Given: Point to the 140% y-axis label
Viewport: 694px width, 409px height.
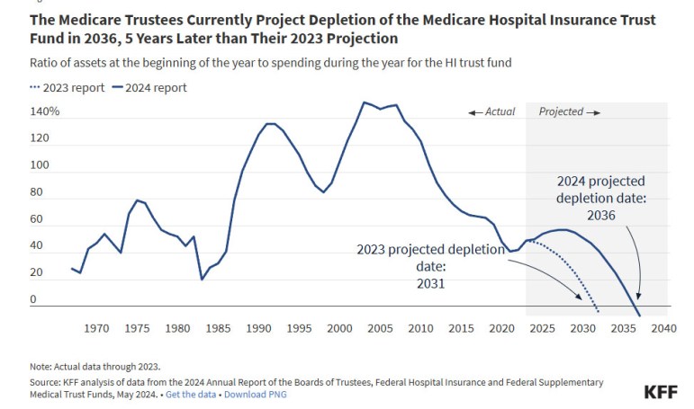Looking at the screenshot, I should tap(45, 112).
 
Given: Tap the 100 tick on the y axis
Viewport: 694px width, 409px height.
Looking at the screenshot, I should tap(39, 165).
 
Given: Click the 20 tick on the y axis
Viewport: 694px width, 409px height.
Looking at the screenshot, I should tap(37, 272).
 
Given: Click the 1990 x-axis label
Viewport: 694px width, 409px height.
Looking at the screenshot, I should tap(260, 329).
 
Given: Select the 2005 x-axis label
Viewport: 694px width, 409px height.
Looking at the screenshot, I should tap(379, 329).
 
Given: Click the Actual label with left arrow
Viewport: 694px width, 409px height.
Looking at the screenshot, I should tap(492, 112).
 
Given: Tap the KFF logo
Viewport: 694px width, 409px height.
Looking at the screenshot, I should tap(662, 391).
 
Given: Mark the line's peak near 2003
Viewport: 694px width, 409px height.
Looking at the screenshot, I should tap(364, 102).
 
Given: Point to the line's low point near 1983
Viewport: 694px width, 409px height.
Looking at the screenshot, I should tap(202, 279).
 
